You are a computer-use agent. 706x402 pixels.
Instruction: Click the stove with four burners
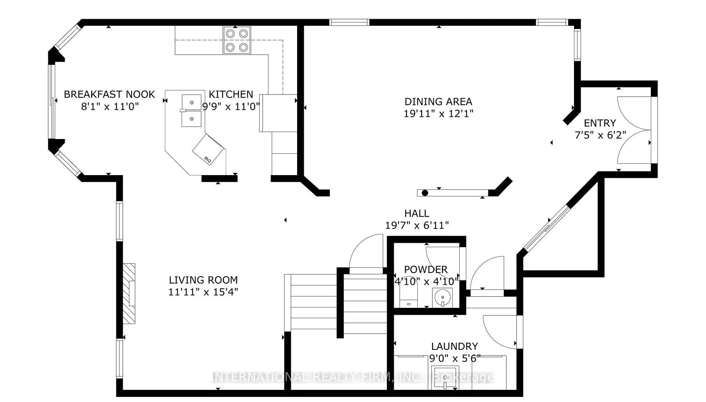point(237,40)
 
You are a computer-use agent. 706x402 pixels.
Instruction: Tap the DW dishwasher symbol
point(208,150)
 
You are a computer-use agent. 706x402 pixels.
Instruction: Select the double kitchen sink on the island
point(192,110)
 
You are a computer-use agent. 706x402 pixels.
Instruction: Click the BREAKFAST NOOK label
point(109,95)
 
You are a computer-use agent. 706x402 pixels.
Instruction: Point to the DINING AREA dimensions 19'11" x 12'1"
point(438,113)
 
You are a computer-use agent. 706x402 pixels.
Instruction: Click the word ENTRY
point(600,123)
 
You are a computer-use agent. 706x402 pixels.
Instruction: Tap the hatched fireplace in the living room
point(129,293)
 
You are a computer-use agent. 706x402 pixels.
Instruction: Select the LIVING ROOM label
point(203,280)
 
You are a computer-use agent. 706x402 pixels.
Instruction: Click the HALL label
point(417,213)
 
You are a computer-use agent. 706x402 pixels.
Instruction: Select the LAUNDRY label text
point(454,346)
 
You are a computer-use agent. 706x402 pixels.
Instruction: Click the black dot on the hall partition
point(425,193)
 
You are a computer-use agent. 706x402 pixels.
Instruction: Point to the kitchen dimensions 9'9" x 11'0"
point(231,107)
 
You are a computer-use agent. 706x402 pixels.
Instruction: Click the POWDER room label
point(426,270)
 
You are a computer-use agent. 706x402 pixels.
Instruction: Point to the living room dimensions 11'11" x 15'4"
point(203,292)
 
